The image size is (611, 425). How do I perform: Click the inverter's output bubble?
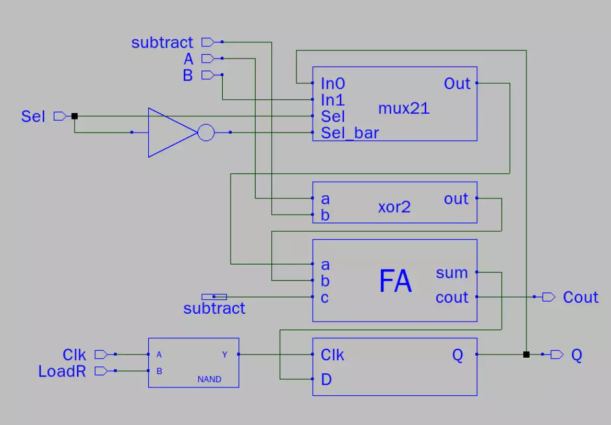[x=206, y=133]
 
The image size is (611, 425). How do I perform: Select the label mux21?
[x=403, y=109]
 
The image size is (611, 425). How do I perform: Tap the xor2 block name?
[x=394, y=207]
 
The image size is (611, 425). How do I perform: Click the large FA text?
[x=395, y=281]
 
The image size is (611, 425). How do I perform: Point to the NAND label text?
[x=209, y=380]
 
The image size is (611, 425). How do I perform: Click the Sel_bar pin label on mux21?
[x=350, y=133]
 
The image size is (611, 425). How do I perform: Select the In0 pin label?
[x=333, y=84]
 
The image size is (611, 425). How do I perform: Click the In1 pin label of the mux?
[x=333, y=100]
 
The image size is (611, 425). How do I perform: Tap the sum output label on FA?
[x=451, y=273]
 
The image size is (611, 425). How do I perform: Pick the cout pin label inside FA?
[x=452, y=298]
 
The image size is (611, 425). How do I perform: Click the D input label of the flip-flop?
[x=326, y=380]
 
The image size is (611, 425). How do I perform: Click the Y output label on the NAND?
[x=225, y=355]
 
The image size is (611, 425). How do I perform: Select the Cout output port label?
[x=580, y=297]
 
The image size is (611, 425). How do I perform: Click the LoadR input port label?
[x=62, y=371]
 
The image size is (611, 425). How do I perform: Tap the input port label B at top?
[x=188, y=76]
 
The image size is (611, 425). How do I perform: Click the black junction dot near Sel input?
[x=74, y=116]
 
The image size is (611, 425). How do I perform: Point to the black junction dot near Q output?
[x=526, y=355]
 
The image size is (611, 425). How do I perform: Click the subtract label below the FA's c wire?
[x=214, y=309]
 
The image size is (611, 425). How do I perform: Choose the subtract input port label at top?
[x=162, y=42]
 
